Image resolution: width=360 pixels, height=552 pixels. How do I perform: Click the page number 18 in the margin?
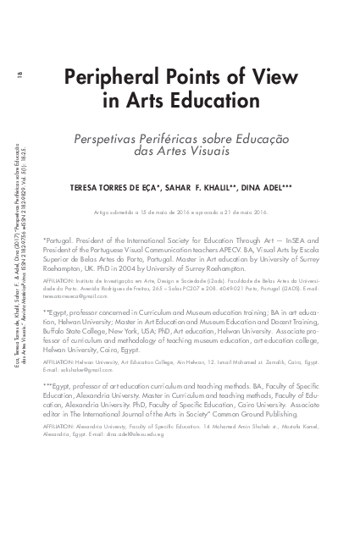(x=19, y=76)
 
